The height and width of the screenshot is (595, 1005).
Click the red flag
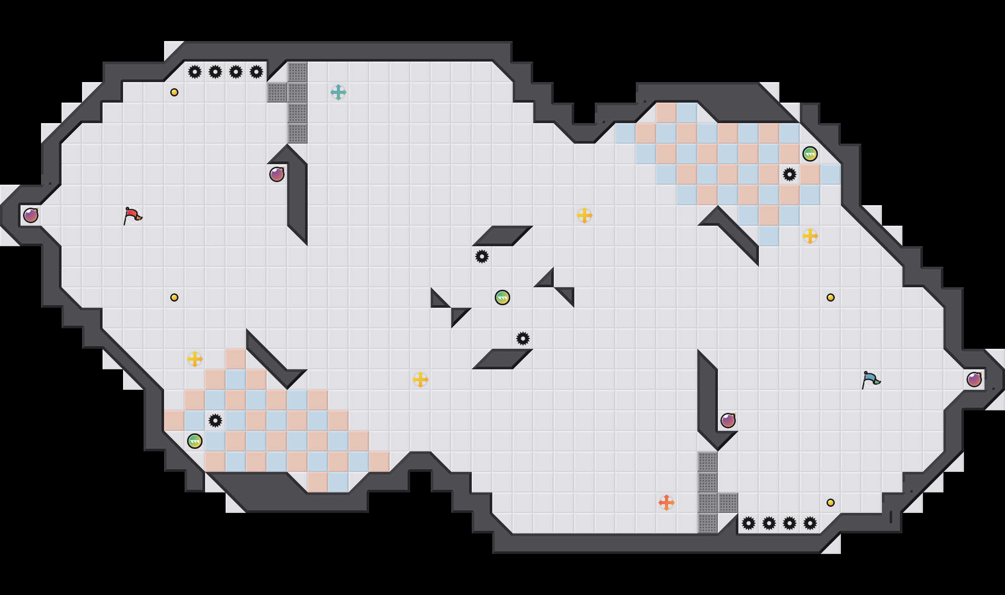132,215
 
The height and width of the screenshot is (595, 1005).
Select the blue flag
870,380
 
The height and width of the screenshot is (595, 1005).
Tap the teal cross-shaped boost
338,92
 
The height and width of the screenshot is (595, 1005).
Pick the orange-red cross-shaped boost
666,503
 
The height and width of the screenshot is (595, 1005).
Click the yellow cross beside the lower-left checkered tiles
195,359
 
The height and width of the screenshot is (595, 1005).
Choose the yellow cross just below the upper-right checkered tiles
810,236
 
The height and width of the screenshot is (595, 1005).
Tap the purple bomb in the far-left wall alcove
31,215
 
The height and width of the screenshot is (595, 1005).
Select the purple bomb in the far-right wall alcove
974,380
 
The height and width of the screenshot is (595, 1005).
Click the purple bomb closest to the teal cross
277,174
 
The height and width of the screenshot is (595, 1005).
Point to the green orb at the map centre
502,298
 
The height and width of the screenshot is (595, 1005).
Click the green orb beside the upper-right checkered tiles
810,154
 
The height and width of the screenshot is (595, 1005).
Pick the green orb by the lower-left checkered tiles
195,441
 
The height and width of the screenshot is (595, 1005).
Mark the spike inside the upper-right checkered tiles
790,174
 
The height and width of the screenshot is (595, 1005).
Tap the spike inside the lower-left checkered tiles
215,421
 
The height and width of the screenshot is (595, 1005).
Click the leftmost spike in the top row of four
195,72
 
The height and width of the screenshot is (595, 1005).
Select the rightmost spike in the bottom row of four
810,523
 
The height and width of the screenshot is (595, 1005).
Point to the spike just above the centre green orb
482,256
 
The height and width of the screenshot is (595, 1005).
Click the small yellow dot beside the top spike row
174,92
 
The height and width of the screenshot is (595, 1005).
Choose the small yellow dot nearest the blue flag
831,298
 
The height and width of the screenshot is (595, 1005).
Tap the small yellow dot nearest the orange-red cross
831,503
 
